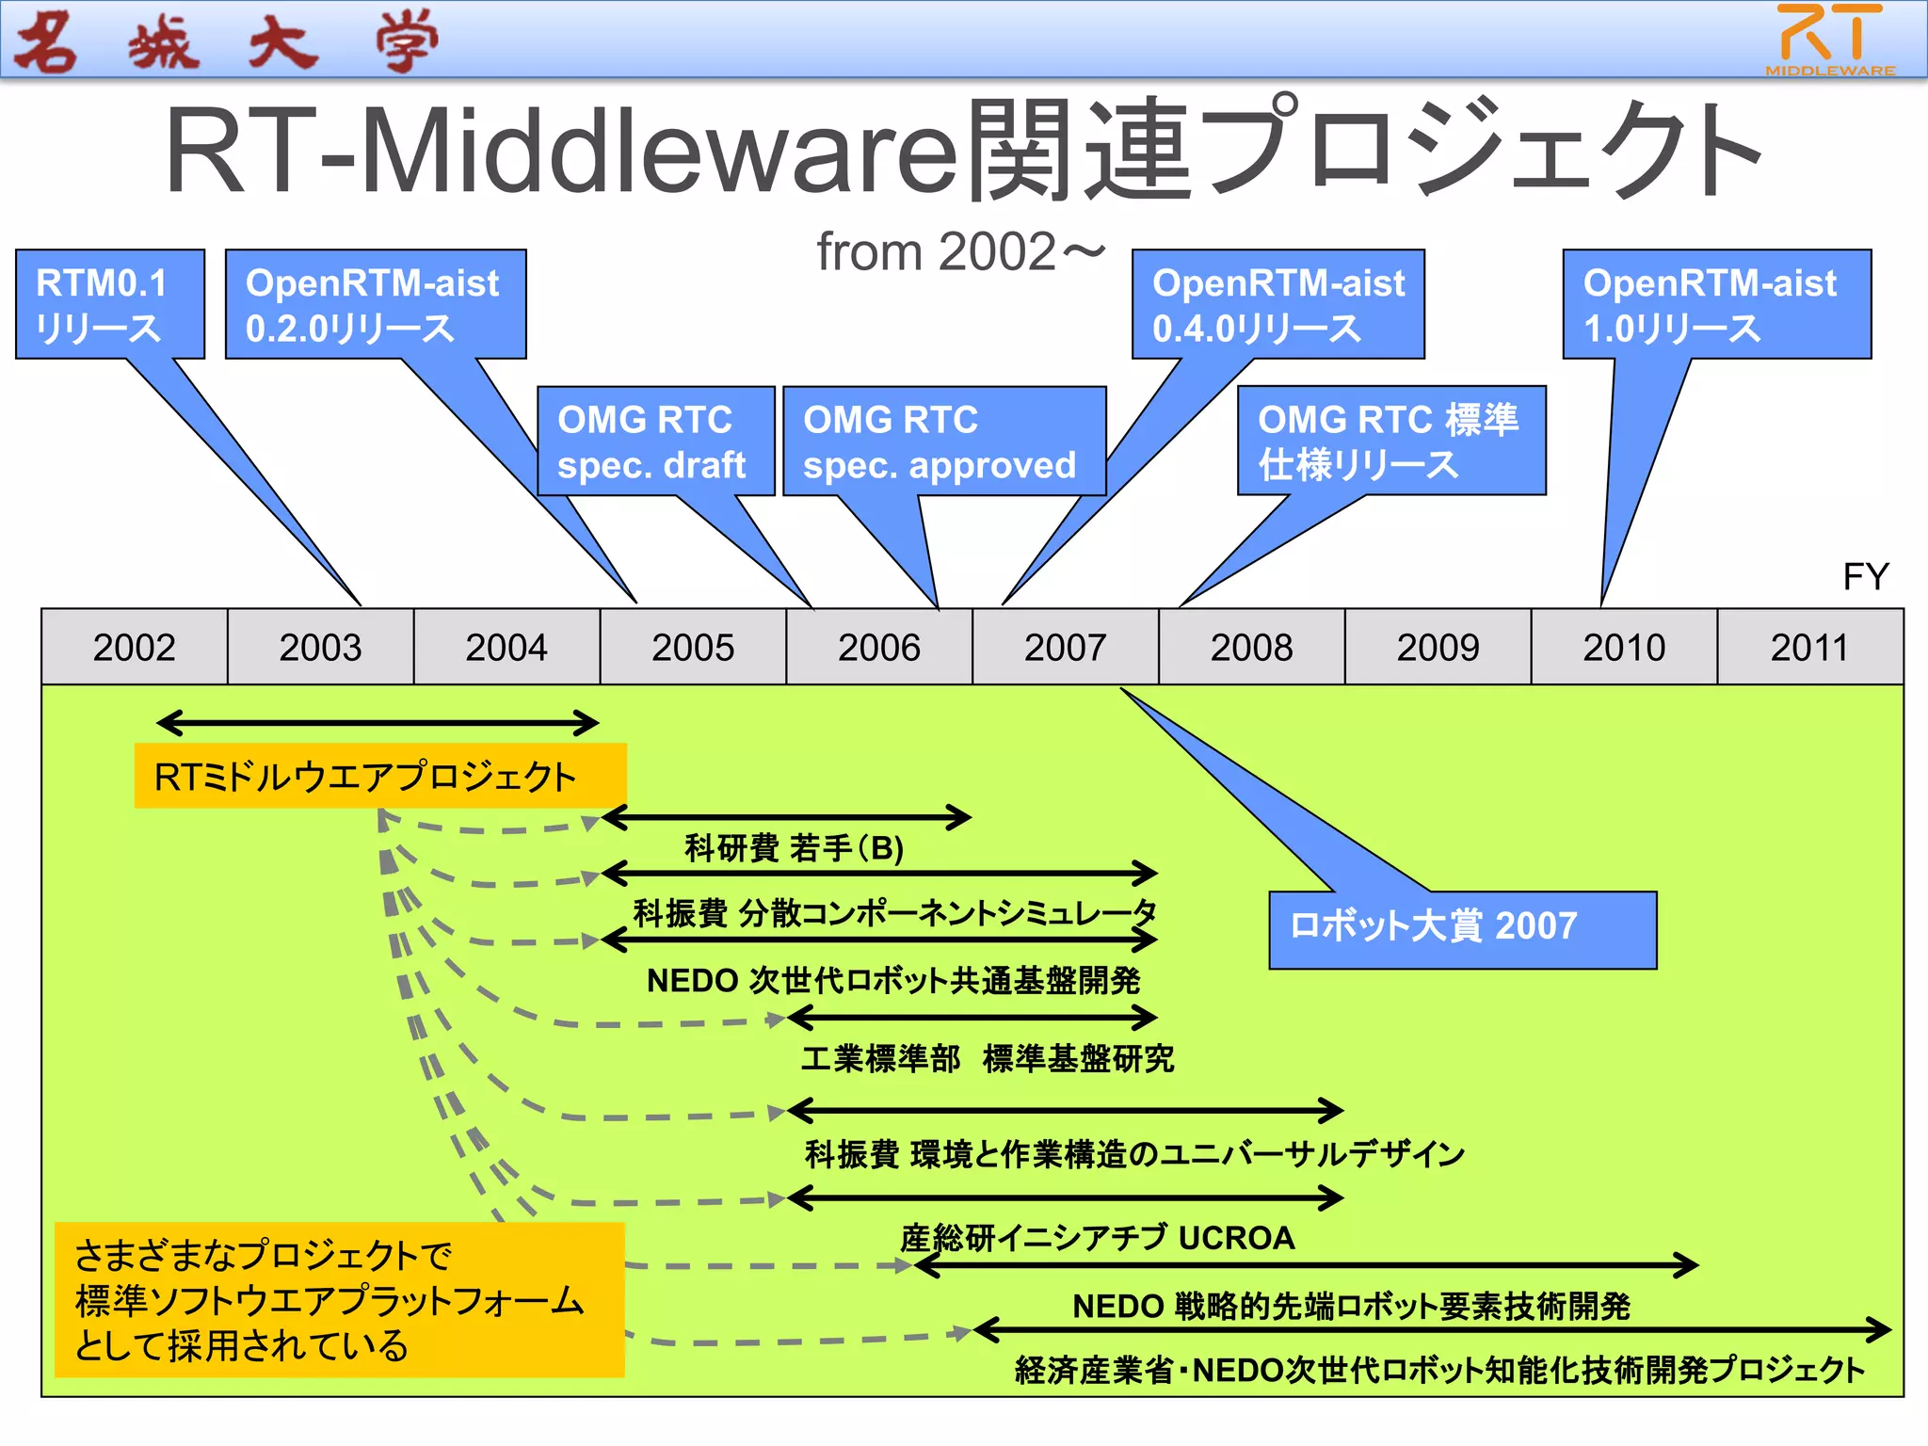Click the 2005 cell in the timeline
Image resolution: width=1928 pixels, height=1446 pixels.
pos(693,647)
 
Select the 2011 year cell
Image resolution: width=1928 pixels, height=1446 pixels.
pos(1809,647)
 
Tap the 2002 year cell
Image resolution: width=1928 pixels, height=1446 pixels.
pos(134,647)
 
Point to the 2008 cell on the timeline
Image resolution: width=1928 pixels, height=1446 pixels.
pos(1251,647)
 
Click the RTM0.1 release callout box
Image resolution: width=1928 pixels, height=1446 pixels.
pos(110,304)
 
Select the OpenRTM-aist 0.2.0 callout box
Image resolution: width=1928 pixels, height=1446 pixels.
pos(376,304)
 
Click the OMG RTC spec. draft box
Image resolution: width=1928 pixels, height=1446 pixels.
pos(655,441)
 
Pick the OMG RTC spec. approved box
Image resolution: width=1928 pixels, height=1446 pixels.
pos(943,441)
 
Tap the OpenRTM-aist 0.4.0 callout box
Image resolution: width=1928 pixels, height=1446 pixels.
pos(1277,304)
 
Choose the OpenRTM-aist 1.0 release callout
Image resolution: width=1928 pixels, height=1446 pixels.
pos(1716,304)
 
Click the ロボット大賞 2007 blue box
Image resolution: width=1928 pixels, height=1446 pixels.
pos(1462,929)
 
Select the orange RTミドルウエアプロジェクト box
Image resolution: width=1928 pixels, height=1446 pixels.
pos(379,776)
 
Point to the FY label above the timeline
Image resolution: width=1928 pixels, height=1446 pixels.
pos(1865,576)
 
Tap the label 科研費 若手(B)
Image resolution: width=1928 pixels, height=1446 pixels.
pos(794,848)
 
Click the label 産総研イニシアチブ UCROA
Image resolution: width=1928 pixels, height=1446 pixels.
pos(1097,1237)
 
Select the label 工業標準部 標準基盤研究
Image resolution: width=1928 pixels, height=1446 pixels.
pos(988,1059)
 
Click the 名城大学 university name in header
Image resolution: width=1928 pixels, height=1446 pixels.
pos(226,41)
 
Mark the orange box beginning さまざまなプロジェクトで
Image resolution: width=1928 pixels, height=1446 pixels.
pos(339,1299)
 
